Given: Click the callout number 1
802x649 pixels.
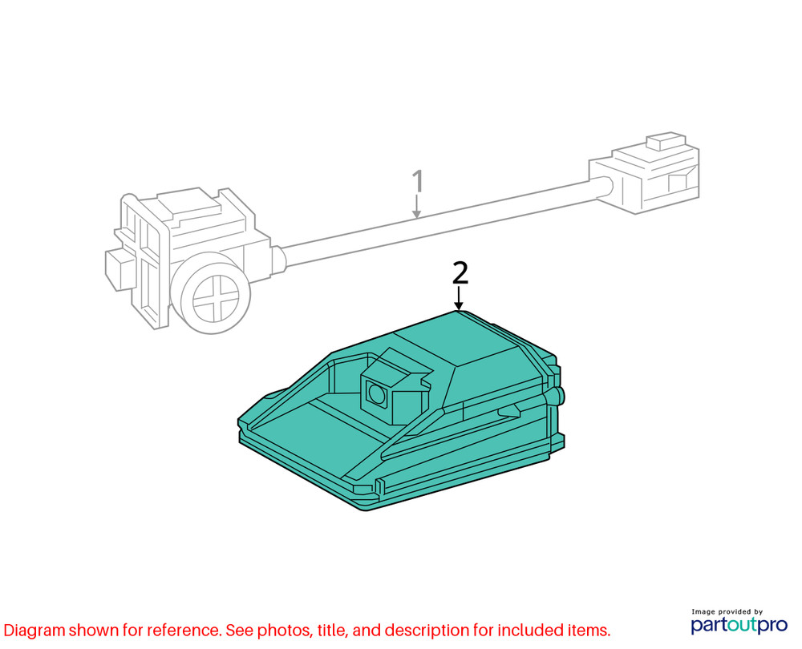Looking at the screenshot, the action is point(418,181).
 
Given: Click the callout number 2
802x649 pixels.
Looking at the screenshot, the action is point(460,272).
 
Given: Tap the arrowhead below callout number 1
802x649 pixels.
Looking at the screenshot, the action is point(417,214).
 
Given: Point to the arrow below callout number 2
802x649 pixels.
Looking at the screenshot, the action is point(460,298).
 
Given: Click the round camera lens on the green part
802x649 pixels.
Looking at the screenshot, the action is point(377,393).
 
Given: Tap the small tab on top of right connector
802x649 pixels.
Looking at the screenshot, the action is point(666,141).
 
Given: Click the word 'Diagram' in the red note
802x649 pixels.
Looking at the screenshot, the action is point(34,631).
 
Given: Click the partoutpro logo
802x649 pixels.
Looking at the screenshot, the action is point(739,625).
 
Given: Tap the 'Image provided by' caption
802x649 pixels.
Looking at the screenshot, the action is point(727,611).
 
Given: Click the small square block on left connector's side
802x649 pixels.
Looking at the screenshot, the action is point(119,270).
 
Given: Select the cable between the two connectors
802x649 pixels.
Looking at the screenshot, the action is point(435,221).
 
